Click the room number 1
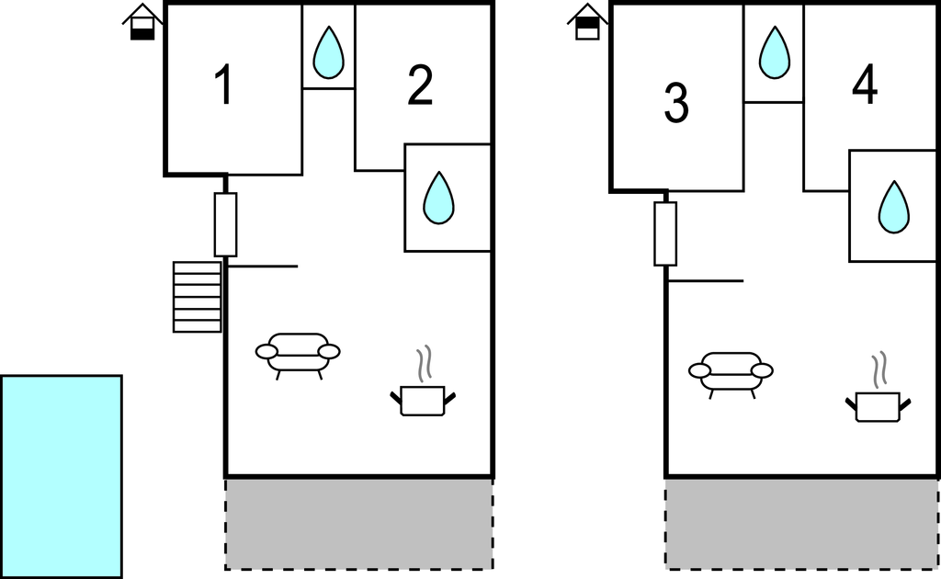coord(222,86)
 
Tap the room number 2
coord(420,86)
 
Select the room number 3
coord(675,103)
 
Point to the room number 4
coord(864,86)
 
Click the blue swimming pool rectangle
coord(61,476)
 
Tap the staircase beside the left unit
coord(198,296)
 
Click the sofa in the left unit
coord(298,353)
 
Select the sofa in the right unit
coord(731,371)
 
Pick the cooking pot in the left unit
coord(423,399)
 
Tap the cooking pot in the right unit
coord(878,404)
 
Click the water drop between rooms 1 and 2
coord(328,51)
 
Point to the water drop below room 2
coord(439,198)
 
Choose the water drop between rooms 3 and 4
coord(774,52)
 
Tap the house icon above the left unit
coord(142,22)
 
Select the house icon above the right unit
coord(587,22)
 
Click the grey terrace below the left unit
coord(358,524)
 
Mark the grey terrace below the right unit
coord(801,524)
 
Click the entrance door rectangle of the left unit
coord(225,224)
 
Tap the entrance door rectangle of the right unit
coord(665,233)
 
